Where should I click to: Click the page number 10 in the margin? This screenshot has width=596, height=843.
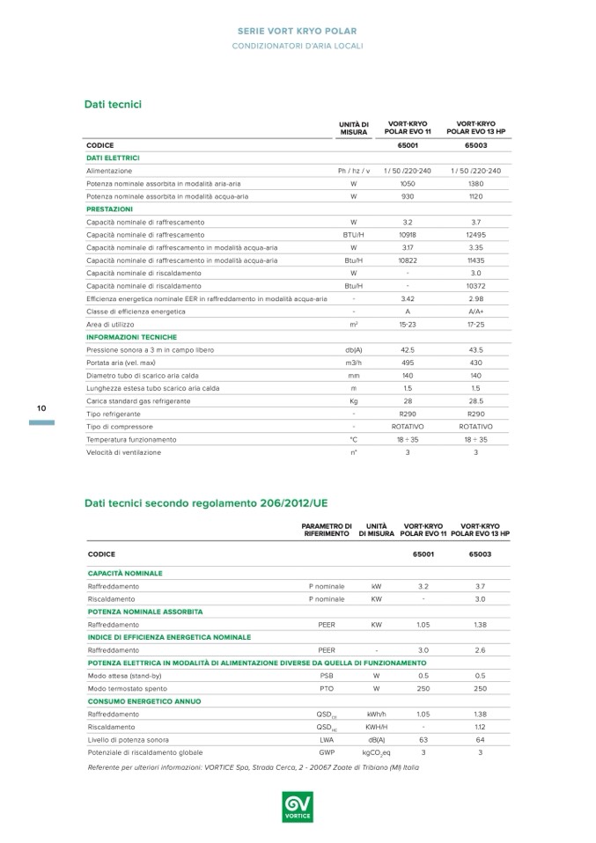pos(40,408)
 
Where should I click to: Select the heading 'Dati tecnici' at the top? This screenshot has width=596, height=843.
pos(113,105)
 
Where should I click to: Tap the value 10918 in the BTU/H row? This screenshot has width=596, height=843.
pos(408,235)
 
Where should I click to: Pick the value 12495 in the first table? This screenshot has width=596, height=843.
pos(475,235)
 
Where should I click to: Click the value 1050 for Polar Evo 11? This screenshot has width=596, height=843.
pos(408,183)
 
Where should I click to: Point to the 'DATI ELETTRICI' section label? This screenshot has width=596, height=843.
pos(113,158)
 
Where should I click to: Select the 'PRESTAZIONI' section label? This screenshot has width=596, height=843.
pos(109,209)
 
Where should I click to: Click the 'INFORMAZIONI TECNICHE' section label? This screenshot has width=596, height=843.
pos(131,337)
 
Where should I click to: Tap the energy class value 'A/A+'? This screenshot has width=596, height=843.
pos(475,312)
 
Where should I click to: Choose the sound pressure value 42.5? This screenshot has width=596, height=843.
pos(408,349)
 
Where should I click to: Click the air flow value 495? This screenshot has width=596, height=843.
pos(408,363)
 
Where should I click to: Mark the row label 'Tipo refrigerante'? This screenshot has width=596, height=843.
pos(114,414)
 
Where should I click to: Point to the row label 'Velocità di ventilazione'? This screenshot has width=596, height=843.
pos(123,452)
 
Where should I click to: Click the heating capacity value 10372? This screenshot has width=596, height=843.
pos(475,286)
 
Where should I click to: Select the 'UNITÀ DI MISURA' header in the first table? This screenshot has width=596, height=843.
pos(353,128)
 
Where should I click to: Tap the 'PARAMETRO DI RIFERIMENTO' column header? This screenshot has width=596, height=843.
pos(327,530)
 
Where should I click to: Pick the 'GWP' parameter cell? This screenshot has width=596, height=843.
pos(327,753)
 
